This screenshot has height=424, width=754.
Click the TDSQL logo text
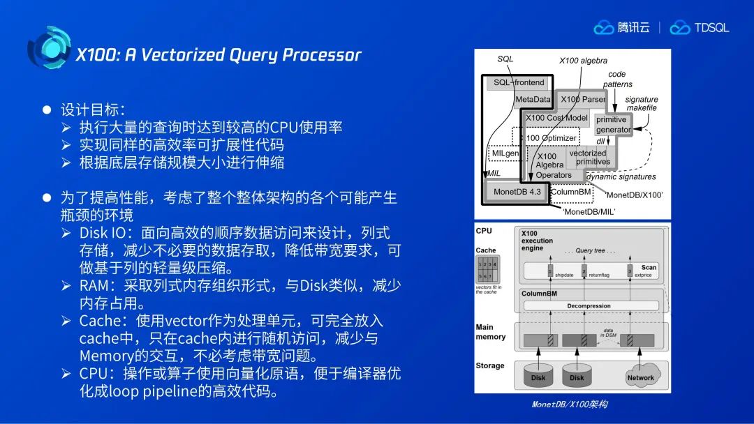coord(711,28)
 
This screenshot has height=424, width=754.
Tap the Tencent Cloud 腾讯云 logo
coord(622,28)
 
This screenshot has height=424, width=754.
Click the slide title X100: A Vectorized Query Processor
coord(219,55)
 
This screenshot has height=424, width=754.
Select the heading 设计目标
coord(92,109)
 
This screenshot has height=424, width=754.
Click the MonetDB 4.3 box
coord(517,192)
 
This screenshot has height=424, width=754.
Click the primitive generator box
coord(612,125)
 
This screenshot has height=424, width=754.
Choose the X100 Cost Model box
coord(556,118)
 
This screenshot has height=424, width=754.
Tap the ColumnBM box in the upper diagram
coord(571,191)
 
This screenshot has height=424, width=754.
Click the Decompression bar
coord(589,305)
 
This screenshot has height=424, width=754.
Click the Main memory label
coord(490,332)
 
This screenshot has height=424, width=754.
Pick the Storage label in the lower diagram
coord(489,365)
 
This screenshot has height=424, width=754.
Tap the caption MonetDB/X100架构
coord(570,404)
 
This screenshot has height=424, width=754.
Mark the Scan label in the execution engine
coord(649,267)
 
